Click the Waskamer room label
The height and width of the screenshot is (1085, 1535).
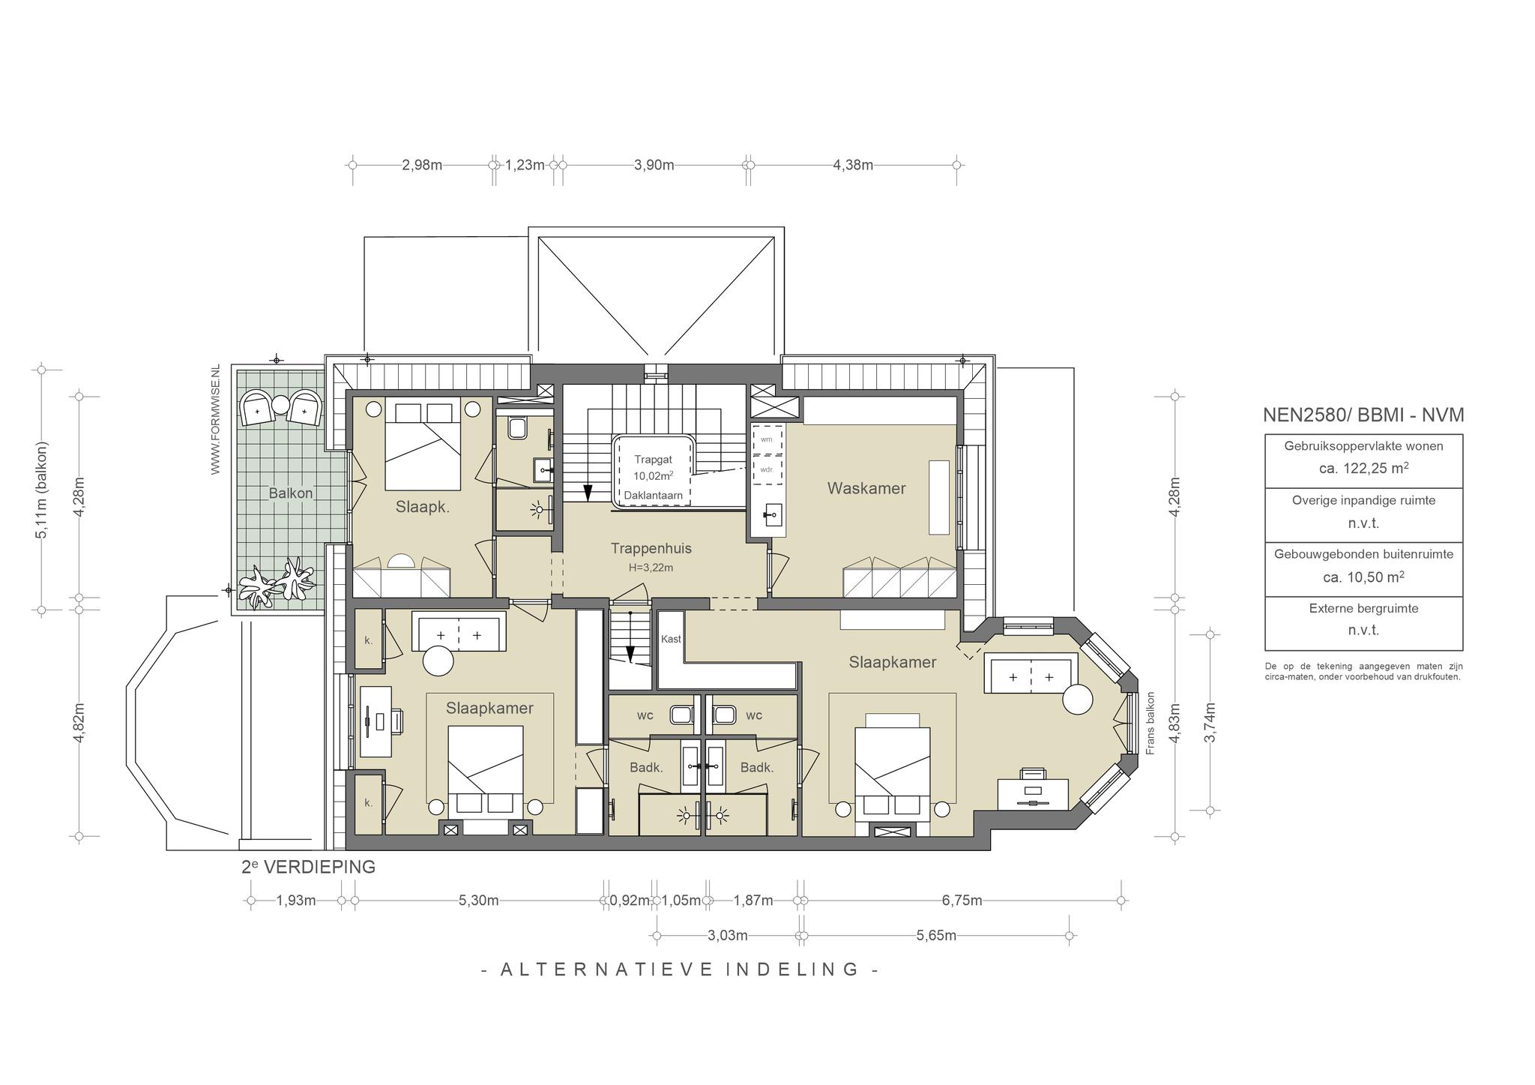[x=866, y=488]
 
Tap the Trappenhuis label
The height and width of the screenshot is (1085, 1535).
[x=651, y=548]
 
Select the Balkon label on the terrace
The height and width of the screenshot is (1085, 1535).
[x=291, y=493]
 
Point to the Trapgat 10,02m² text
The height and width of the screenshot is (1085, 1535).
[x=654, y=467]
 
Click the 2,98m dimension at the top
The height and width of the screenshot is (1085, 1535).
[x=422, y=165]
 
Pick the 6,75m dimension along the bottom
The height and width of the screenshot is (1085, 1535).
[x=962, y=901]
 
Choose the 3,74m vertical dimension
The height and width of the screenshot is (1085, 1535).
[x=1210, y=722]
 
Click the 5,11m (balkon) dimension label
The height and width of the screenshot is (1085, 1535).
[x=42, y=490]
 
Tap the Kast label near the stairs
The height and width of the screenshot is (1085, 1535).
[x=671, y=639]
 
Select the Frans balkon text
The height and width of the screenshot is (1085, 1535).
[x=1151, y=723]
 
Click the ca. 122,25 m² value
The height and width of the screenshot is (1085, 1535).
[x=1363, y=468]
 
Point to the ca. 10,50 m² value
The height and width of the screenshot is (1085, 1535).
[x=1363, y=577]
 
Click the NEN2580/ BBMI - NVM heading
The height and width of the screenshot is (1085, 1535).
[x=1363, y=415]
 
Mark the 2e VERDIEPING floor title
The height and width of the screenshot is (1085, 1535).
[x=308, y=867]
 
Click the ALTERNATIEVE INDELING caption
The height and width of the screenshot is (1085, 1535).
[x=680, y=970]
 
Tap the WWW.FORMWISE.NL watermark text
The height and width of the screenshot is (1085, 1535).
[x=216, y=420]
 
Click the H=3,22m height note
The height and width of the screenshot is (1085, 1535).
[x=651, y=568]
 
